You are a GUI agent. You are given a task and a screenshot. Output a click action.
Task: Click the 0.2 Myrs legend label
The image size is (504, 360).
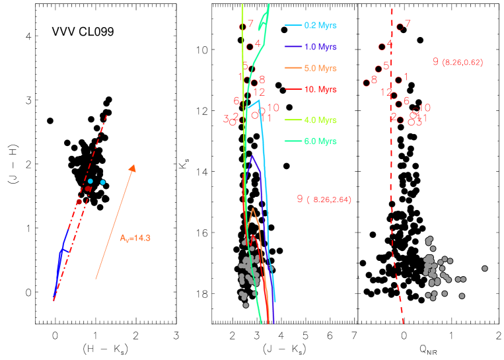[320, 26]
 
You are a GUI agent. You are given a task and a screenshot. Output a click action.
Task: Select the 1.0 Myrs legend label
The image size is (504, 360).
[320, 47]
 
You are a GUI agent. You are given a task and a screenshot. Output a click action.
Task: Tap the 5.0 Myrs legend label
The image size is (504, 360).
[320, 68]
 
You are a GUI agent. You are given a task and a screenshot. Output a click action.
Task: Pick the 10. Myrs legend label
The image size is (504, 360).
[320, 89]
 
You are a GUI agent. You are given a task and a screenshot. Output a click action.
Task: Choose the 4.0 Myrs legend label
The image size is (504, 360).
[320, 120]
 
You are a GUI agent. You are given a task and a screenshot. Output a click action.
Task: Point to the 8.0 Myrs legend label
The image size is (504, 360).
[320, 141]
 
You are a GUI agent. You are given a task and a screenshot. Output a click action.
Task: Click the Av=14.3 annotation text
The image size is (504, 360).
[135, 238]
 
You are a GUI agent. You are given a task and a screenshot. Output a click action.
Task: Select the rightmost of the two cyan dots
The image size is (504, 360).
[103, 182]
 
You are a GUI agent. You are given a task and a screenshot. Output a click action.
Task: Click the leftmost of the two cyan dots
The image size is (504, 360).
[90, 181]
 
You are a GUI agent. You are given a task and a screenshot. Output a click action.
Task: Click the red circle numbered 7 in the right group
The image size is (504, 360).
[400, 27]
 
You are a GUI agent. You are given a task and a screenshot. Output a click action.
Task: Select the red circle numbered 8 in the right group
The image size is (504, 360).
[367, 83]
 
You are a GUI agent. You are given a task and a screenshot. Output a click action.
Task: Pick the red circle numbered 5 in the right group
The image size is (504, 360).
[378, 69]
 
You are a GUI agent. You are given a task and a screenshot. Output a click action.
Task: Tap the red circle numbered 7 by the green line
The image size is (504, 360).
[242, 26]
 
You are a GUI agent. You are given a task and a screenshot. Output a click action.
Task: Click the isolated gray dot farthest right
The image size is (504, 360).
[485, 268]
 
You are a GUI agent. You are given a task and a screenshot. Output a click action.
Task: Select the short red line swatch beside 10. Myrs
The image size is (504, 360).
[293, 89]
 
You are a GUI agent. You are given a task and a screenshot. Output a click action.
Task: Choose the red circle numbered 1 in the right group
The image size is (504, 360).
[398, 80]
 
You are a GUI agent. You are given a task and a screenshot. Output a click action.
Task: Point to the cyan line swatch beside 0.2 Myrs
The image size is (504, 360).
[293, 26]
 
